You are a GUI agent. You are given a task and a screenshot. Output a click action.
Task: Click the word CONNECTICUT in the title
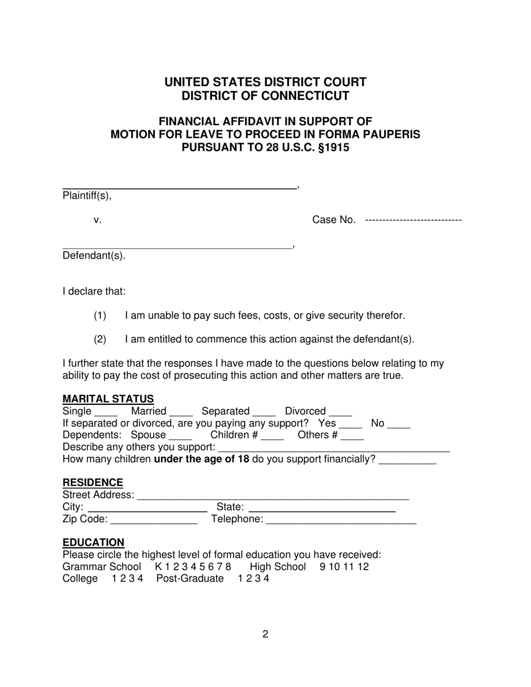tap(302, 96)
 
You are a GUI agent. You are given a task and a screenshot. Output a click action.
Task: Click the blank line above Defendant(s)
tap(177, 247)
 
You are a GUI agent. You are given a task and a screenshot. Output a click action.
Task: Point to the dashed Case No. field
tap(413, 220)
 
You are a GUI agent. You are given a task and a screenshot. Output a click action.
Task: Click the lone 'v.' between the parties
tap(98, 220)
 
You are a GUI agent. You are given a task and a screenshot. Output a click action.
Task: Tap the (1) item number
tap(100, 316)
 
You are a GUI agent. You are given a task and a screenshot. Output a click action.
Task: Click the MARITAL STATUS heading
tap(108, 399)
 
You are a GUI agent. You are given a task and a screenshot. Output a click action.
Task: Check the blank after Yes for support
tap(350, 426)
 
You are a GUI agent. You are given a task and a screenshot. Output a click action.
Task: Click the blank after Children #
tap(273, 437)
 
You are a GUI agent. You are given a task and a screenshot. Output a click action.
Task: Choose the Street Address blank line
tap(273, 498)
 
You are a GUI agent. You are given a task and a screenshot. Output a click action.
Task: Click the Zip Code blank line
tap(154, 522)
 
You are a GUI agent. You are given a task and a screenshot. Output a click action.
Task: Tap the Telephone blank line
tap(341, 522)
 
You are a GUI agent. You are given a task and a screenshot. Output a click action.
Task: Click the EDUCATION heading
tap(93, 542)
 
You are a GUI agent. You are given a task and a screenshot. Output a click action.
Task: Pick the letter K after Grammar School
tap(159, 566)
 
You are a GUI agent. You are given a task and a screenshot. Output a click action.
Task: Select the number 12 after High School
tap(363, 566)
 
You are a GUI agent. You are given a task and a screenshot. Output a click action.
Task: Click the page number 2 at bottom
tap(265, 634)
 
